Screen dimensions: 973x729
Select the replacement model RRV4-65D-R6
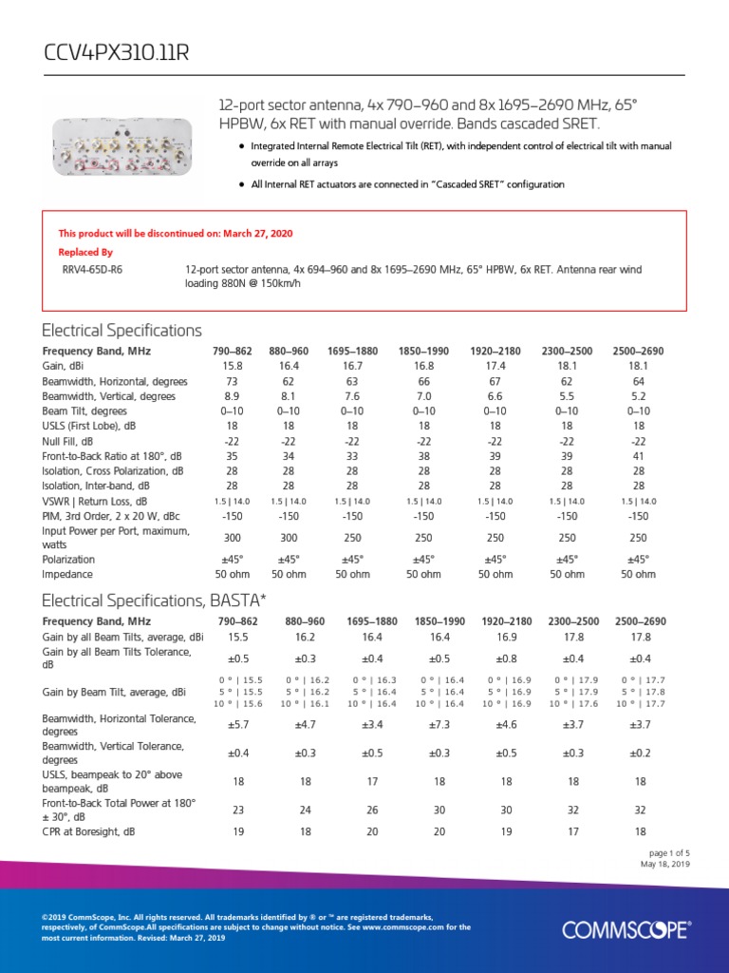[x=92, y=270]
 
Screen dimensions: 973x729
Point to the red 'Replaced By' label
[x=85, y=252]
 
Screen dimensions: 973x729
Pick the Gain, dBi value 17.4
[x=495, y=365]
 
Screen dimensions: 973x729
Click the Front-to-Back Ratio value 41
[x=638, y=456]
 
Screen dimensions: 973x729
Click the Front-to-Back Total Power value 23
[x=238, y=810]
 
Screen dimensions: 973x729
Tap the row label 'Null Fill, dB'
[x=67, y=441]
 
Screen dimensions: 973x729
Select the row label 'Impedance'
[x=67, y=574]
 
